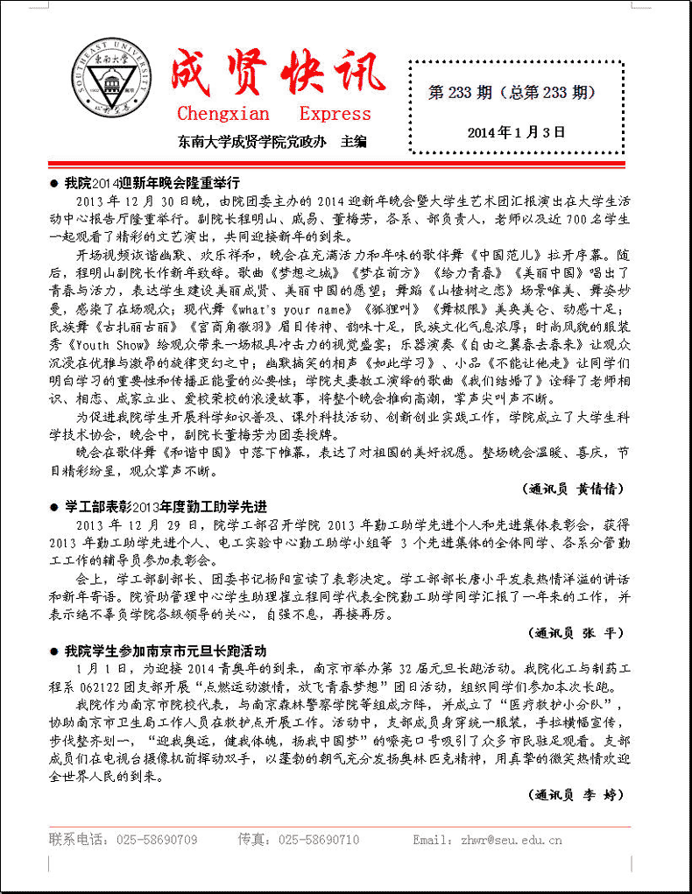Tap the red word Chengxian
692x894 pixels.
click(223, 114)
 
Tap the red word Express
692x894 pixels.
click(335, 114)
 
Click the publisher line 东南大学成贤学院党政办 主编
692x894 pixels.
click(272, 141)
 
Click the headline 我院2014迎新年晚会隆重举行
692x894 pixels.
click(152, 183)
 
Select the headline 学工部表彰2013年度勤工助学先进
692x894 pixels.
click(165, 507)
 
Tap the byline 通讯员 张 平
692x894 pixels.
click(577, 632)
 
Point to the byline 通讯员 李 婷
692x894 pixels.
click(577, 795)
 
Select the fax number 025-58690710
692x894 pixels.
click(319, 840)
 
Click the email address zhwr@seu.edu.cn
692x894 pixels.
click(512, 840)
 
